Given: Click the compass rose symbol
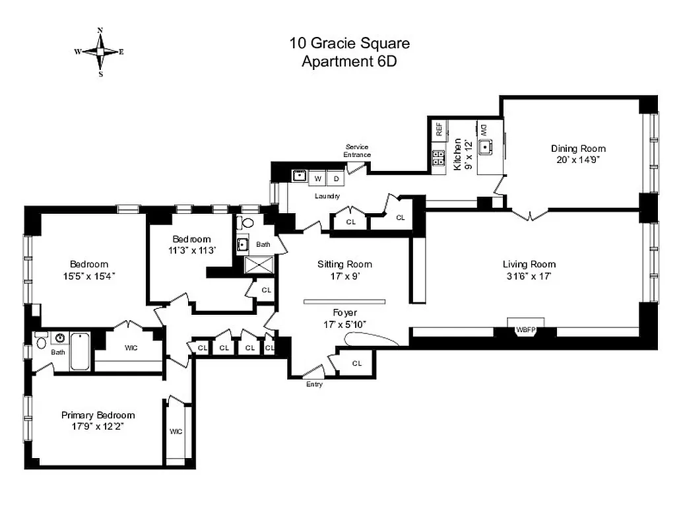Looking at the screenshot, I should pos(100,51).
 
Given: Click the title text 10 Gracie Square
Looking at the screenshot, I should pos(350,44).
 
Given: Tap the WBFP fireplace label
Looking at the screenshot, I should pos(525,329).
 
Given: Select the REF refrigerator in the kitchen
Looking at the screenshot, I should pos(439,129).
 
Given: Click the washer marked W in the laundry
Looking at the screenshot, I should pos(318,178).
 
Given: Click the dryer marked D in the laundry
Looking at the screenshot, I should pos(335,178).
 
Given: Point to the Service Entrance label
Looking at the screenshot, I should pos(357,150).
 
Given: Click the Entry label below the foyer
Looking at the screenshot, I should pos(315,384).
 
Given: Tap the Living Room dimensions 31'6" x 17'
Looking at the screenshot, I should pos(529,277).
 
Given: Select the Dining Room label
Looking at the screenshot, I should pos(578,148).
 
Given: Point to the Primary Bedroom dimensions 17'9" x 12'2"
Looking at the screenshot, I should pos(98,426).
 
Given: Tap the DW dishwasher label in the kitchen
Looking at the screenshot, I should pos(483,129).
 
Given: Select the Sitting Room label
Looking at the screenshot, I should pos(340,264).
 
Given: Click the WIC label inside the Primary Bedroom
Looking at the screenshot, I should pos(176,432).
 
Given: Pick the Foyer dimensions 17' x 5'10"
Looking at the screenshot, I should pos(344,323).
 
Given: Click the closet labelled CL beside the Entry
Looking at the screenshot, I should pos(357,363).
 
